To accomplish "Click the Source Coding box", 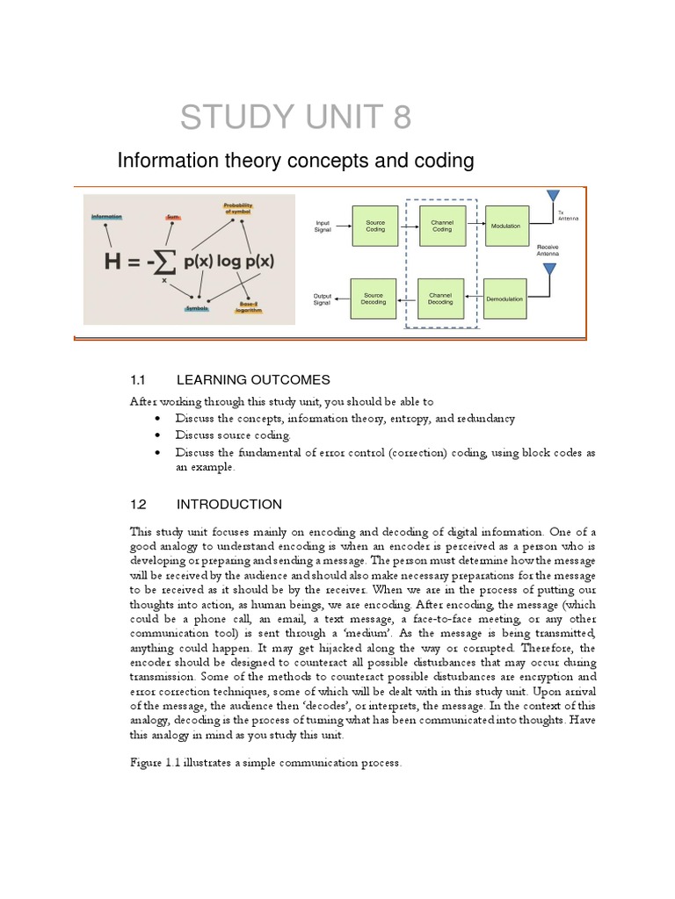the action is pos(375,226).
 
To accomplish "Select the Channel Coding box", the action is pos(441,226).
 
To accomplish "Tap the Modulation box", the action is pos(506,226).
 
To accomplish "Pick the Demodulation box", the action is pos(504,298).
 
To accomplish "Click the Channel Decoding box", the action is pos(441,298).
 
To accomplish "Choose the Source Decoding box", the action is pos(374,298).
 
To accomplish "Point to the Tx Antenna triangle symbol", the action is pos(553,196).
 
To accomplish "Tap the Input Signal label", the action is pos(323,226).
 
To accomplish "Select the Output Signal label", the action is pos(323,298).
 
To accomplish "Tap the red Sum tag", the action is pos(173,216).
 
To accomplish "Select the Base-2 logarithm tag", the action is pos(250,307).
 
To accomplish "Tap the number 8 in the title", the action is pos(402,117).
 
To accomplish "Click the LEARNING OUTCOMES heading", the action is pos(253,380).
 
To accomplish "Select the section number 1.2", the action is pos(136,504).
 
